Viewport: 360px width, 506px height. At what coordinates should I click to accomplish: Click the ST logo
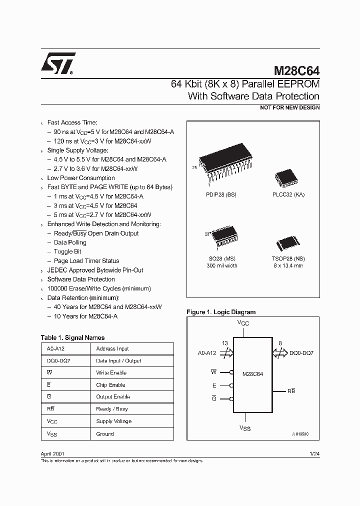(x=58, y=63)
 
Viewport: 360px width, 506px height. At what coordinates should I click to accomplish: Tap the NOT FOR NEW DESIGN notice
(x=289, y=107)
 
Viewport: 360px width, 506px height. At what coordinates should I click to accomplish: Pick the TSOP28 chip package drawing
(x=288, y=245)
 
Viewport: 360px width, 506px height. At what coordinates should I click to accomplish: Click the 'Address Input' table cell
(x=112, y=348)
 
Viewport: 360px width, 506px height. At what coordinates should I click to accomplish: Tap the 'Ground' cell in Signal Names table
(x=105, y=434)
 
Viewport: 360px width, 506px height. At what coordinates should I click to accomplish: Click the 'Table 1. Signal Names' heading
(x=72, y=337)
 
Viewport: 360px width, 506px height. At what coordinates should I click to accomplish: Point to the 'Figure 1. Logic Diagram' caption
(x=221, y=312)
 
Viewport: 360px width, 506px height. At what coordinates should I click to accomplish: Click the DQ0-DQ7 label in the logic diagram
(x=301, y=353)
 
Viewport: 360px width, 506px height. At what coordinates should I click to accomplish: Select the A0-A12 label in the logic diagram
(x=207, y=353)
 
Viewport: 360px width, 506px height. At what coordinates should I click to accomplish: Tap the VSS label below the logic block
(x=244, y=428)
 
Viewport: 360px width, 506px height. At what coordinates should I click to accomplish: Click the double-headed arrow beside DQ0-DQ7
(x=280, y=353)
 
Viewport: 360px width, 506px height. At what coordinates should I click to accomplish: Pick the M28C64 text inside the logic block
(x=252, y=373)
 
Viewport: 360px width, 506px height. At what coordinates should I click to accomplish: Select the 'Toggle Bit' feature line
(x=67, y=251)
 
